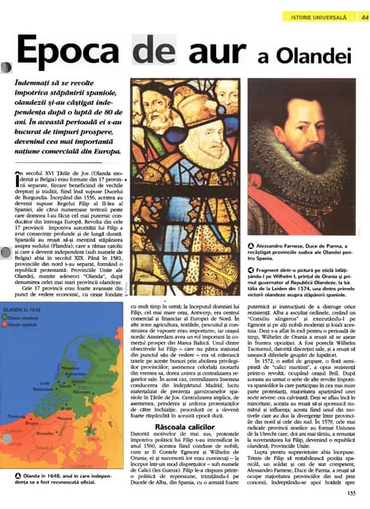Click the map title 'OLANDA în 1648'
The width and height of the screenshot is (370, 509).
coord(20,309)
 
